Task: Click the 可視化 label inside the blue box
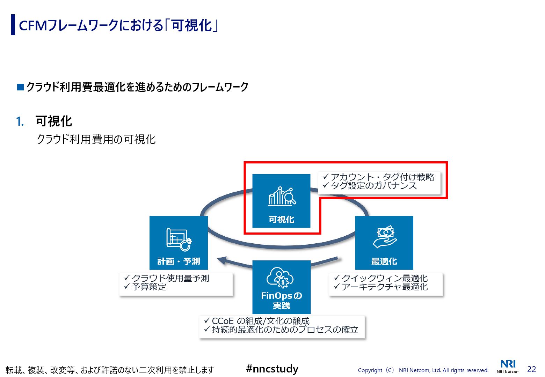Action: [281, 220]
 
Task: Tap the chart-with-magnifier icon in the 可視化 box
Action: [282, 196]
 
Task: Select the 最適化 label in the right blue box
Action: [384, 261]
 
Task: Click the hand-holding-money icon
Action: [385, 237]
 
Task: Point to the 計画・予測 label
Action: [179, 261]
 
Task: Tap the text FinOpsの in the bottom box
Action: [281, 296]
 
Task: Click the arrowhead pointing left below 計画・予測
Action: [223, 260]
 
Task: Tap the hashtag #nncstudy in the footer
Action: [272, 369]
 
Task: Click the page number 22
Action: [531, 369]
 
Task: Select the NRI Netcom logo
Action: [508, 367]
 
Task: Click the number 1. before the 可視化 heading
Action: [20, 121]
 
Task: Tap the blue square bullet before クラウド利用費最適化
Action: [21, 87]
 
